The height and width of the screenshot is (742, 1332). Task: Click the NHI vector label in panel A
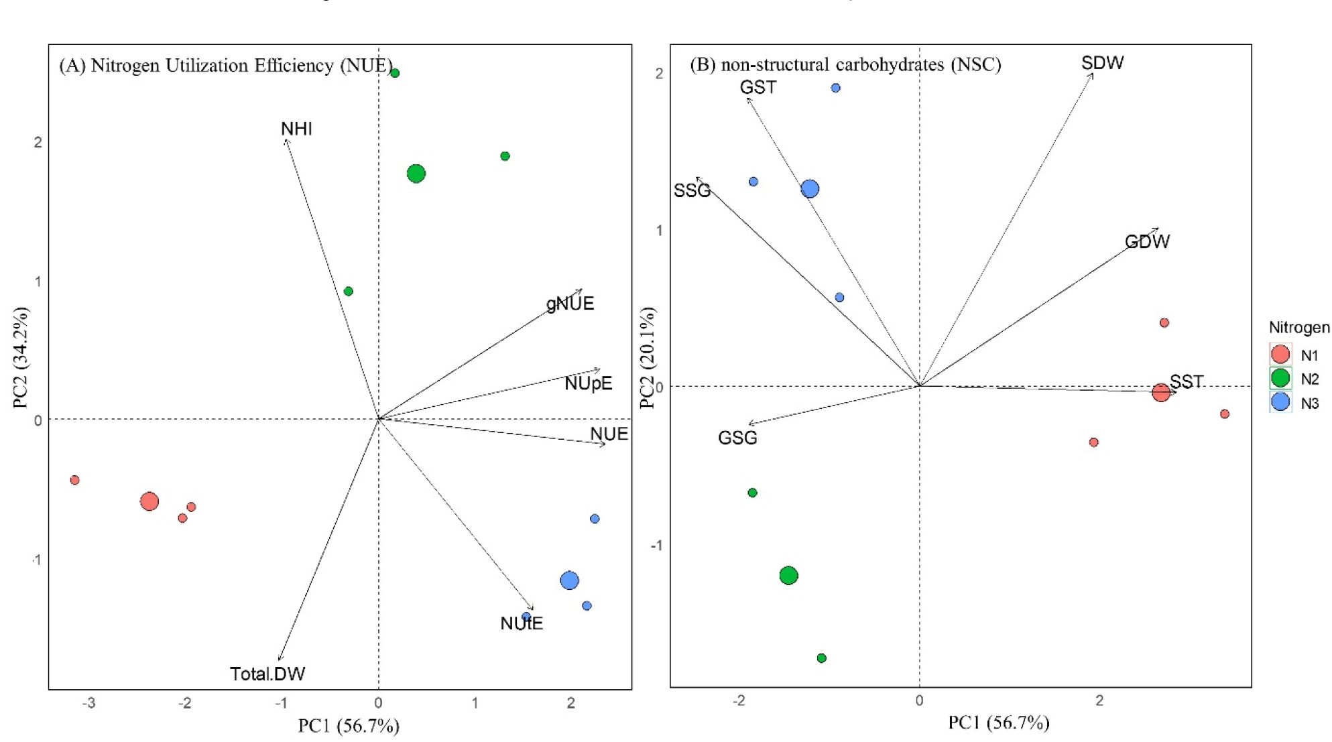pos(296,129)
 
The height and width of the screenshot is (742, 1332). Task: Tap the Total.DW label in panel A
pos(267,674)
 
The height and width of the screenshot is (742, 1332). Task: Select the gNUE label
pos(570,304)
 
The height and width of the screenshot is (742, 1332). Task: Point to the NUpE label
pos(588,383)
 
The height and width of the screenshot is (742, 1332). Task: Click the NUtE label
pos(522,623)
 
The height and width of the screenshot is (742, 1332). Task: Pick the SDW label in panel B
pos(1102,63)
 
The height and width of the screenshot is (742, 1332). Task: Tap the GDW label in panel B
pos(1147,241)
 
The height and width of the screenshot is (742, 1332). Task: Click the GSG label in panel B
pos(737,438)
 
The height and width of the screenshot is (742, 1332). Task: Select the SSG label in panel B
pos(692,191)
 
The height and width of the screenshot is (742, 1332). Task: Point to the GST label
pos(758,87)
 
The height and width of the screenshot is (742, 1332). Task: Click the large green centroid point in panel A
pos(416,174)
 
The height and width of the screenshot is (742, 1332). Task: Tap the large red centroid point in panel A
pos(149,501)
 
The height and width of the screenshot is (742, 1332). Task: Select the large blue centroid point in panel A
pos(569,580)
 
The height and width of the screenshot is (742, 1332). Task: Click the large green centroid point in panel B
pos(788,575)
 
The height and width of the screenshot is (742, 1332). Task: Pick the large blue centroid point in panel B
pos(810,189)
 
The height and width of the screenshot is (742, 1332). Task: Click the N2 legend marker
pos(1280,378)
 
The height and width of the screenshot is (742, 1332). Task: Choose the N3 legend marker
pos(1280,402)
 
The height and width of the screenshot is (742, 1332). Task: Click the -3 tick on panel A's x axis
pos(88,703)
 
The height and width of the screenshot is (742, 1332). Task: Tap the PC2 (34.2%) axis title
pos(21,357)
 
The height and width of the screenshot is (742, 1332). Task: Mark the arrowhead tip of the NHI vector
pos(286,139)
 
